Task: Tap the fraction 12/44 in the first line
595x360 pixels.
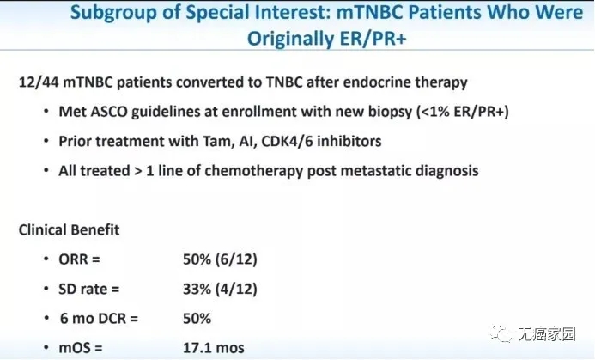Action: (39, 82)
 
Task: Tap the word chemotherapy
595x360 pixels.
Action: (253, 171)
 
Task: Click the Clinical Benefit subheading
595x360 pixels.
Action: (69, 229)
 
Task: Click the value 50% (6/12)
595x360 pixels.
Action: (220, 259)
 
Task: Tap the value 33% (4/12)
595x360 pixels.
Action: (220, 289)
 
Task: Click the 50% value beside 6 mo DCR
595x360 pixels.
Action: (197, 319)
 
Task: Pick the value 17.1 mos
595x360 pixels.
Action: (214, 348)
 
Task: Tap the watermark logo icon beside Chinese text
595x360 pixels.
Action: (501, 334)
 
